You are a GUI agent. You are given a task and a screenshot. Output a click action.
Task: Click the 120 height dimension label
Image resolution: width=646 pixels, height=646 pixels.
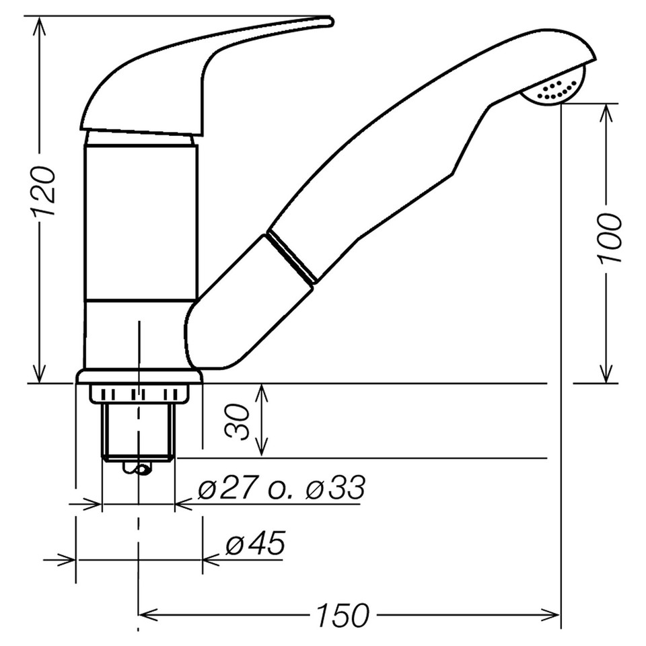(44, 191)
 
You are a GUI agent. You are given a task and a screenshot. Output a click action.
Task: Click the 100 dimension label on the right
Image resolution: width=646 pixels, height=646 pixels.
(608, 238)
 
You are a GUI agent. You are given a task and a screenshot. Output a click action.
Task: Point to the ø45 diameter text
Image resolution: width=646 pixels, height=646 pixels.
(255, 544)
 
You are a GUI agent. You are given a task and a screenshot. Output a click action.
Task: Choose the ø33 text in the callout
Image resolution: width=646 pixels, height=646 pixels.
(334, 487)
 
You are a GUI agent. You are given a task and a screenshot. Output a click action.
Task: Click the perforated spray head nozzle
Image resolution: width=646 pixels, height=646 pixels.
(559, 89)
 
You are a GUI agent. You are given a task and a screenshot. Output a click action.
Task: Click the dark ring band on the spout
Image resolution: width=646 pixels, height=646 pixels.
(291, 258)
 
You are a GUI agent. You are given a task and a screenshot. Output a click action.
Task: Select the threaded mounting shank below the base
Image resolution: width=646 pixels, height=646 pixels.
(138, 431)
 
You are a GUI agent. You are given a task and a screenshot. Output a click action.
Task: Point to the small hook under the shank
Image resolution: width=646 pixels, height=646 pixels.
(141, 469)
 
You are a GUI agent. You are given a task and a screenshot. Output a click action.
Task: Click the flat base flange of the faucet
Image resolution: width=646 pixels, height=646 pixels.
(139, 376)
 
